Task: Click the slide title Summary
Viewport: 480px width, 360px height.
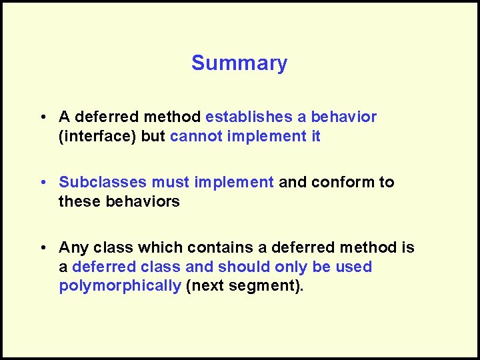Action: (239, 63)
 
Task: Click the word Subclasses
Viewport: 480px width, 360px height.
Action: (103, 182)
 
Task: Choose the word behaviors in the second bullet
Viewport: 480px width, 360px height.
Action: (143, 201)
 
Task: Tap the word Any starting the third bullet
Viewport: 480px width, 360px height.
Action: (73, 248)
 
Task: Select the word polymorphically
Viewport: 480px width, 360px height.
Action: (120, 287)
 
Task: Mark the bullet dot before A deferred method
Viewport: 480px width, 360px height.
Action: (42, 118)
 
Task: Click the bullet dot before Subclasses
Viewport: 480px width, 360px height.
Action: (42, 183)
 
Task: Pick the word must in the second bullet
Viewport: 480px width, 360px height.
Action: (167, 182)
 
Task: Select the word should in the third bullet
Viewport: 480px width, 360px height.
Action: (249, 267)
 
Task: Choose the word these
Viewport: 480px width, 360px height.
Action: (80, 201)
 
